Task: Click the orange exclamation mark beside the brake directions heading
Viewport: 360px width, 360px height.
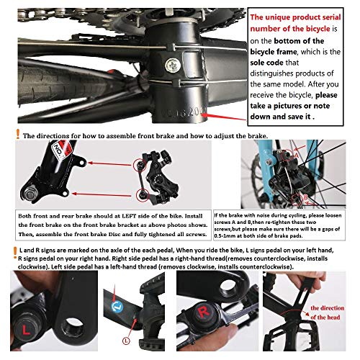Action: (x=16, y=135)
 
